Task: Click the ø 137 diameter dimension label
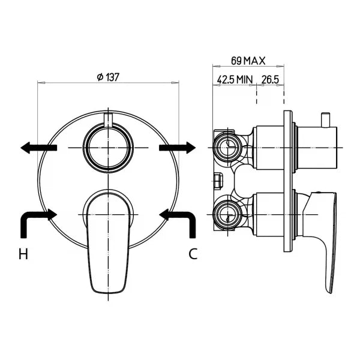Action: click(108, 77)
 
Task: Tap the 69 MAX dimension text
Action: click(248, 61)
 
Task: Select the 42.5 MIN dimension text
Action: click(235, 79)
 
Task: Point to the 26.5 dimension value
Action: click(270, 79)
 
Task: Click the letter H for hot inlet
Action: click(23, 254)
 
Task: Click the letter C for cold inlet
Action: click(193, 254)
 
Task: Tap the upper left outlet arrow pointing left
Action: click(38, 148)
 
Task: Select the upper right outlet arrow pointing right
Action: click(177, 148)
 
